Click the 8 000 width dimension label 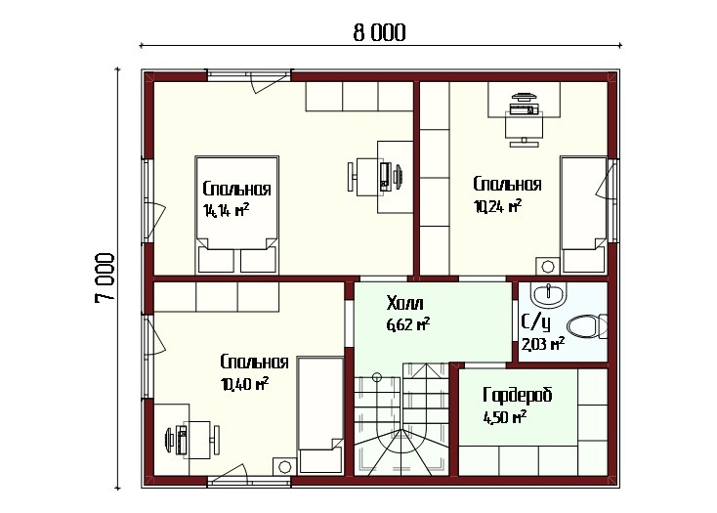coord(380,33)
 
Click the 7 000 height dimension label coord(105,278)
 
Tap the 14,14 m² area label coord(226,210)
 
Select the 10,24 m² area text coord(498,206)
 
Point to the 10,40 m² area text coord(244,384)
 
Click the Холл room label coord(404,303)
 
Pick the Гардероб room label coord(517,395)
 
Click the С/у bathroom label coord(535,322)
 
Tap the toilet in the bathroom coord(587,326)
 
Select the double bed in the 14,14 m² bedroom coord(236,215)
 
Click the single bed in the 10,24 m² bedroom coord(584,215)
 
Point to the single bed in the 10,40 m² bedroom coord(320,415)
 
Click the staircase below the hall coord(401,419)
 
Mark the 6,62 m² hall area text coord(408,325)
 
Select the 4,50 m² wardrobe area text coord(505,417)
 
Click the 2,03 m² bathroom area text coord(543,344)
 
